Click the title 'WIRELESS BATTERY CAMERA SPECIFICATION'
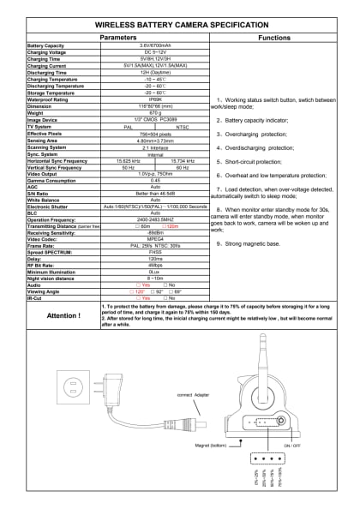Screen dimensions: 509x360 click(x=180, y=27)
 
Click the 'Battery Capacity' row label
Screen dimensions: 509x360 click(x=46, y=45)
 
